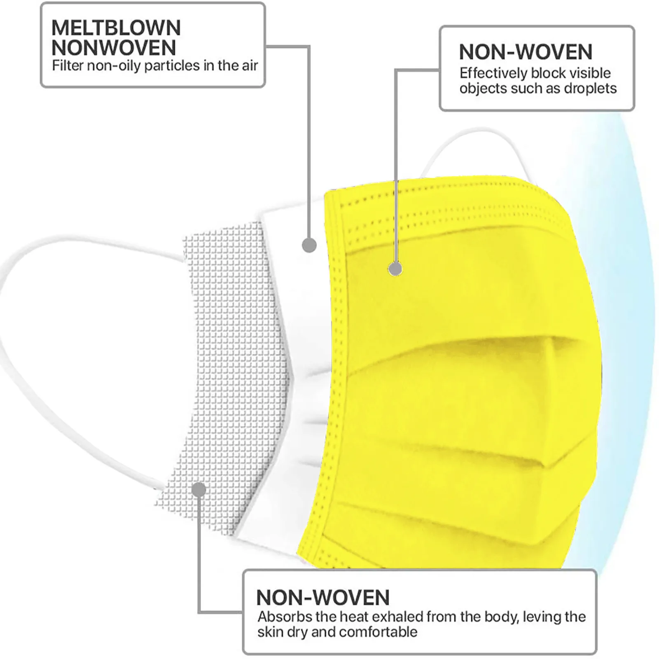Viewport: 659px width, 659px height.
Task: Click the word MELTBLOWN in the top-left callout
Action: click(116, 28)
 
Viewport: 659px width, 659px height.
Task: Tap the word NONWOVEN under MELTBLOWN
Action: click(114, 48)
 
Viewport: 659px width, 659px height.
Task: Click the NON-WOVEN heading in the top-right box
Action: click(526, 52)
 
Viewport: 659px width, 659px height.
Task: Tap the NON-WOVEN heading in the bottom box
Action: click(322, 598)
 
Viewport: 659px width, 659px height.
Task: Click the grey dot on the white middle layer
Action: click(309, 245)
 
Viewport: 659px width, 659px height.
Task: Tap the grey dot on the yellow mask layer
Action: click(395, 269)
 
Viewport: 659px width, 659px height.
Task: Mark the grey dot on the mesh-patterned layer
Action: click(199, 490)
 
